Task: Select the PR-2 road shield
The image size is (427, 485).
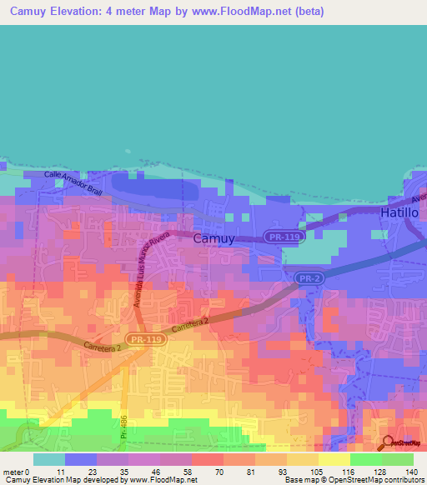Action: (x=308, y=277)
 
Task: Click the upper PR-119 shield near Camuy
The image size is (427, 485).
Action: (x=281, y=237)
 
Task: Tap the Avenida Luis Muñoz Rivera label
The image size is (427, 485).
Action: (x=152, y=270)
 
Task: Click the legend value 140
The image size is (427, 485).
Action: (x=411, y=471)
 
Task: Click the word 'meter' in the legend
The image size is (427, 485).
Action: (x=13, y=471)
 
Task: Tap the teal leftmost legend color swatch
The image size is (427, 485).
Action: (x=48, y=459)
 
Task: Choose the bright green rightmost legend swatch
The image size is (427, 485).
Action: (x=398, y=459)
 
